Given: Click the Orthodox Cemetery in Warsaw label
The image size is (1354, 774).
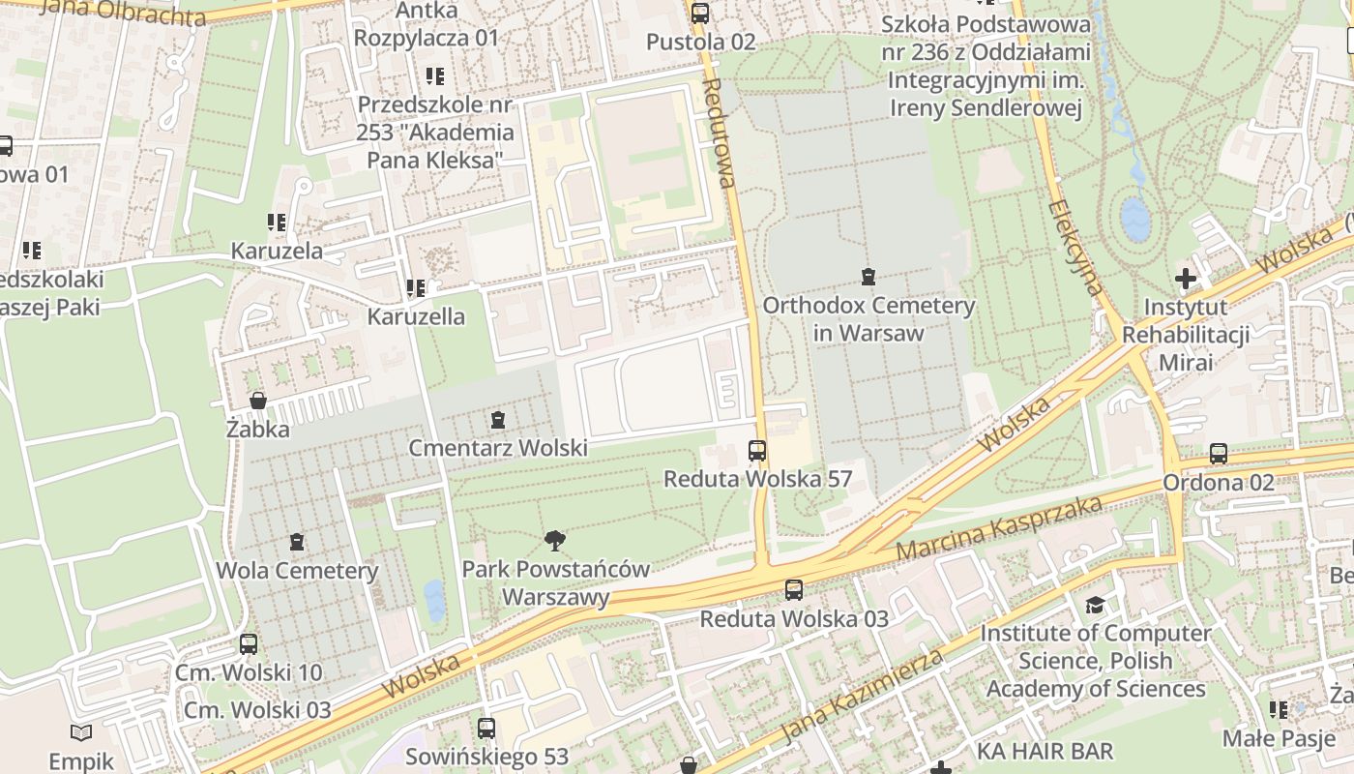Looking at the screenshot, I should (868, 319).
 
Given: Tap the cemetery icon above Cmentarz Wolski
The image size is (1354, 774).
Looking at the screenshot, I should (498, 420).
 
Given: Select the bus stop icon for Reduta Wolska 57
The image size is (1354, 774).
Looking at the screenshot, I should (757, 451).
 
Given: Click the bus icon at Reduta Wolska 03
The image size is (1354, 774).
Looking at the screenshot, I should (794, 589).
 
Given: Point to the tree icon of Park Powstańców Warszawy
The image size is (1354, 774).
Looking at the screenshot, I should (555, 541).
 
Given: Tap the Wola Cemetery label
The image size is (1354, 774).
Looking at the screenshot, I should (297, 570).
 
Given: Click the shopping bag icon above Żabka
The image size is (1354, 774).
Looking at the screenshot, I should (258, 401).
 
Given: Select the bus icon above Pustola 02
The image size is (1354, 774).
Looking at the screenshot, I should (700, 14).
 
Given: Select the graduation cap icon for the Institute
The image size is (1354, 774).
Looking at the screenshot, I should (1095, 606).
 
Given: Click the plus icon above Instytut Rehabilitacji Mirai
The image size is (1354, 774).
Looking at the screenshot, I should (1185, 280).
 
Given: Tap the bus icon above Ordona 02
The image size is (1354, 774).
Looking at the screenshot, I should (1219, 454).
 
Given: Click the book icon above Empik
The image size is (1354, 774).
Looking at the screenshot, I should (81, 733).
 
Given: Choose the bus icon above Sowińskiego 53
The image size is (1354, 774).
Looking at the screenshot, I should (486, 729).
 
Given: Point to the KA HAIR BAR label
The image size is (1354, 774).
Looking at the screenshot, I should (1045, 751).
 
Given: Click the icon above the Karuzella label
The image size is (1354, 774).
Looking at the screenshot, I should (416, 288).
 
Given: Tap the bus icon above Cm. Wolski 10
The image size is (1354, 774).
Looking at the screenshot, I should (249, 644).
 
